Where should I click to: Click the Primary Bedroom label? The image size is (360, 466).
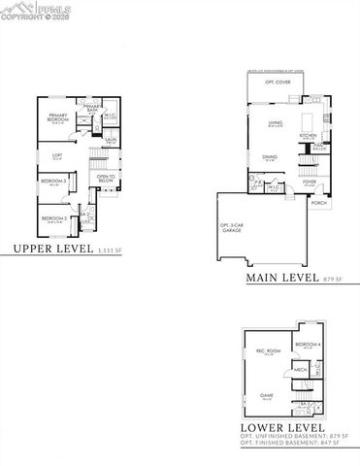pos(57,119)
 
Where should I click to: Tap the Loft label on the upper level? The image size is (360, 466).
pos(56,155)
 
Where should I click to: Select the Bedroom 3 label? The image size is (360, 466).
pos(53,182)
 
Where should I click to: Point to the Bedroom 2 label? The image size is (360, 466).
pos(53,218)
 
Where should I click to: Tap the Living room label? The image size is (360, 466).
pos(276,123)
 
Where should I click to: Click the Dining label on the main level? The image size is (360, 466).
pos(270,157)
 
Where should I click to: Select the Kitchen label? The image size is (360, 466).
pos(308,136)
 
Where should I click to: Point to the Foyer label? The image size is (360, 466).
pos(310,182)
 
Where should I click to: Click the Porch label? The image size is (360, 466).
pos(318,203)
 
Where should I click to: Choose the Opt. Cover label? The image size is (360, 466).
pos(280,83)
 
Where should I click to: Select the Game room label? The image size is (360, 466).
pos(266,395)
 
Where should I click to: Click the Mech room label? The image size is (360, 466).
pos(301,371)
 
